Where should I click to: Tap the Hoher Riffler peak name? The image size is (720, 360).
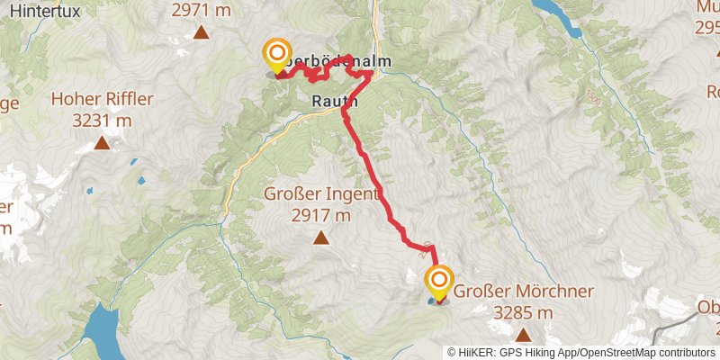[103, 99]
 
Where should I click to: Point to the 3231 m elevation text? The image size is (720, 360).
[103, 120]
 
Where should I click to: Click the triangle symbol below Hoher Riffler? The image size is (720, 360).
[103, 142]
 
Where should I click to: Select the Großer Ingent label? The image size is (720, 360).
[320, 193]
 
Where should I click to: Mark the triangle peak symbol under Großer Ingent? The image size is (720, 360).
[320, 238]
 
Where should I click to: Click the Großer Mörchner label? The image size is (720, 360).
[523, 292]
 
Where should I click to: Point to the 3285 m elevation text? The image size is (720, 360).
[523, 312]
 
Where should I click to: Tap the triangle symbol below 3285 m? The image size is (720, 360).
[523, 335]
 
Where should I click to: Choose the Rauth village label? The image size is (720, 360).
[335, 102]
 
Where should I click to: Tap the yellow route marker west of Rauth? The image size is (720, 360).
[275, 55]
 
